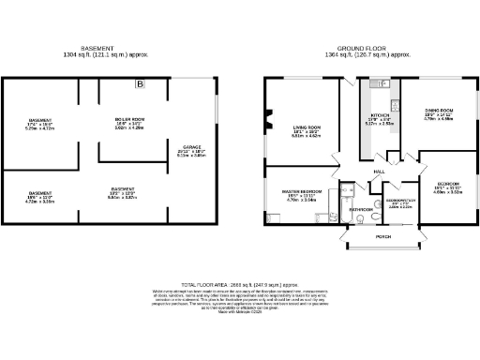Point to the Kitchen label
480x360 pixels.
click(373, 118)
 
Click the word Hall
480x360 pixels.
click(380, 172)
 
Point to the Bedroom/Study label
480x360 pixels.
click(399, 202)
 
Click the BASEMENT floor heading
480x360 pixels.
click(98, 48)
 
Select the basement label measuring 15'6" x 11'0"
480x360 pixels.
click(40, 197)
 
